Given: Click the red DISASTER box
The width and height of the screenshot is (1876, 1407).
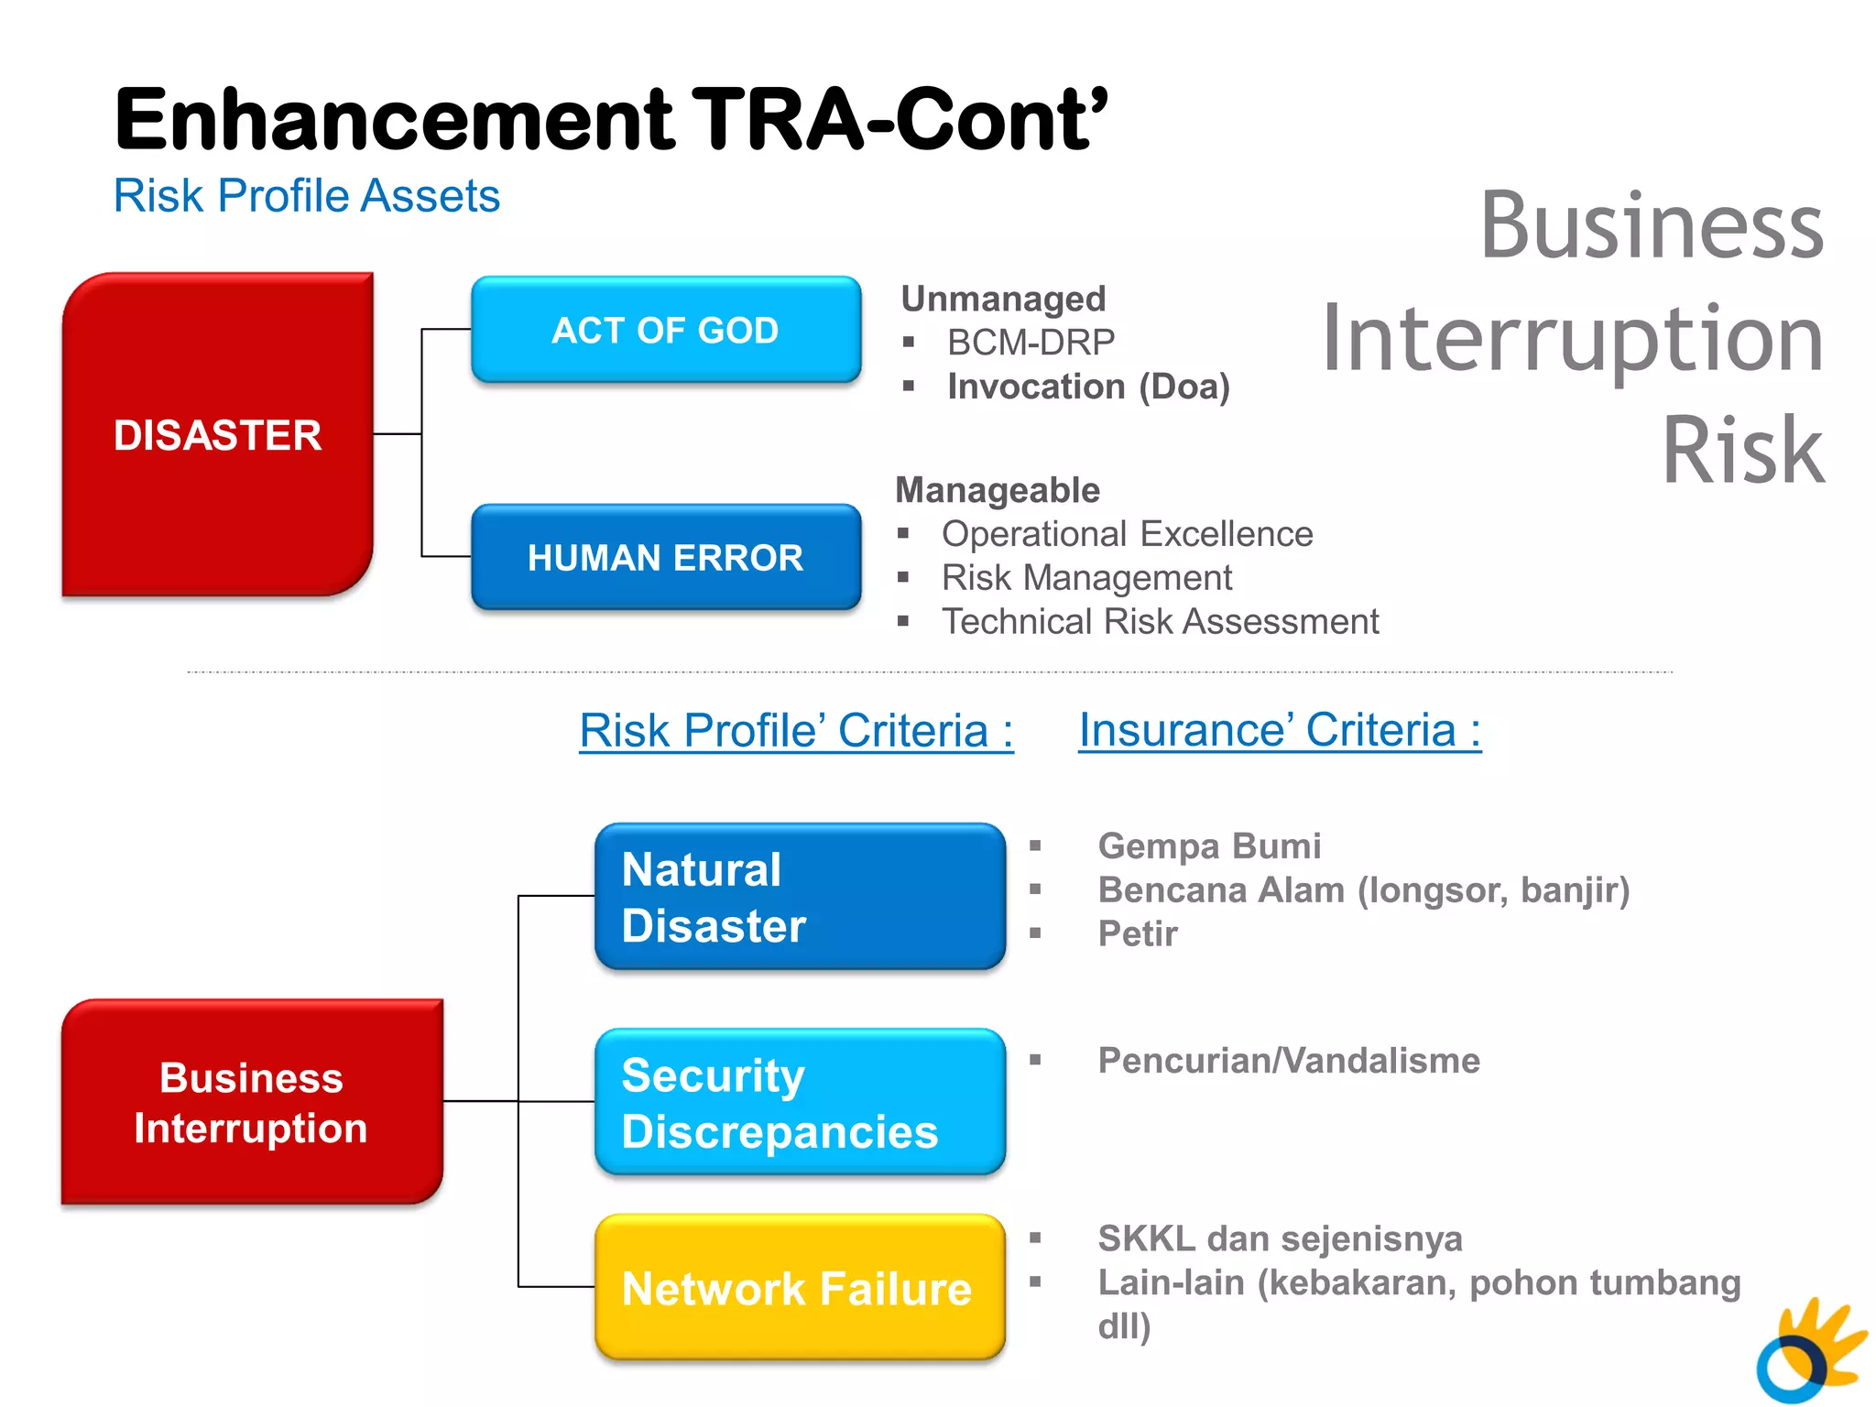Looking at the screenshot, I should [x=217, y=434].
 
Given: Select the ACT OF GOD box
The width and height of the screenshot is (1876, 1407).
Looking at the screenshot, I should [x=666, y=330].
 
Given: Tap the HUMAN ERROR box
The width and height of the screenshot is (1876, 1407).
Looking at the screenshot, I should [x=666, y=557].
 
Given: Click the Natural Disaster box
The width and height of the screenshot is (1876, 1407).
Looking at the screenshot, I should [x=799, y=896].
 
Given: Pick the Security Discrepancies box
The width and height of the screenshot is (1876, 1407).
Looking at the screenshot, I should [x=799, y=1102].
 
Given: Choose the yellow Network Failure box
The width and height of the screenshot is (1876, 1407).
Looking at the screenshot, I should [x=799, y=1287].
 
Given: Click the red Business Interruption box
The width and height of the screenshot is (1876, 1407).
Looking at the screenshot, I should [x=252, y=1102].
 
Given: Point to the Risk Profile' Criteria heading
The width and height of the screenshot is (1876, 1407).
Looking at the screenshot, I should [x=796, y=731].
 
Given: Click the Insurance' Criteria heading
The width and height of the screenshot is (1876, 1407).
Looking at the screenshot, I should [x=1279, y=730].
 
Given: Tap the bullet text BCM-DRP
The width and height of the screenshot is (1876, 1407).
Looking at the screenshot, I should [x=1031, y=343].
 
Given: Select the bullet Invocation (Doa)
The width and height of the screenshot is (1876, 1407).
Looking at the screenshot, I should [x=1088, y=387].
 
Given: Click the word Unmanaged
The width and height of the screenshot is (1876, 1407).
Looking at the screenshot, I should [x=1003, y=299].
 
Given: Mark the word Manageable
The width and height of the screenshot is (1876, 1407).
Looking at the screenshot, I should [x=998, y=490].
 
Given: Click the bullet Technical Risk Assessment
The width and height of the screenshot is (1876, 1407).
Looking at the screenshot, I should [x=1160, y=622].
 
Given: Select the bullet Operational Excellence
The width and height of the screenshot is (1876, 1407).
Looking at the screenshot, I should [x=1127, y=534].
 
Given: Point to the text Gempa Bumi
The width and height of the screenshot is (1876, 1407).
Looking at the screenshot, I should [x=1209, y=846].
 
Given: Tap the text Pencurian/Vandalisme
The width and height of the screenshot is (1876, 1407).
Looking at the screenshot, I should [x=1289, y=1061].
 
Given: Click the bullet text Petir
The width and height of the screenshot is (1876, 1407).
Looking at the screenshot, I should [x=1138, y=934].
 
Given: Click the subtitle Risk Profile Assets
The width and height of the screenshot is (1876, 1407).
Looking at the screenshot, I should [x=307, y=196].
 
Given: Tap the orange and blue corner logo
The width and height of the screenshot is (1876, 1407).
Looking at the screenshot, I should [x=1809, y=1351].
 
